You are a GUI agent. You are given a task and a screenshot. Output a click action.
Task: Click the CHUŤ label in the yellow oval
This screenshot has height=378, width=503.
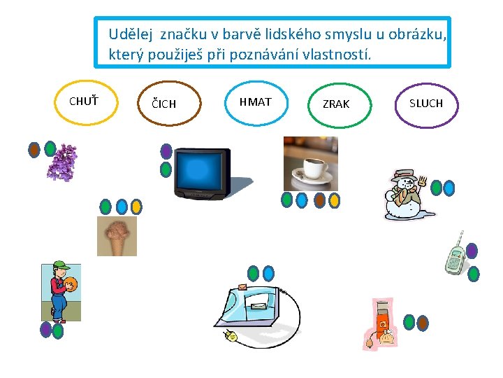83,101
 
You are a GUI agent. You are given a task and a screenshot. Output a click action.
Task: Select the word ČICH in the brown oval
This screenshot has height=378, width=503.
164,104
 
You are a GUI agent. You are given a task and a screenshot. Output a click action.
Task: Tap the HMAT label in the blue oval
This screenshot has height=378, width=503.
255,102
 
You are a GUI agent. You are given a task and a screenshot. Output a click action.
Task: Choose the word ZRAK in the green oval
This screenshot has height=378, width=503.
336,104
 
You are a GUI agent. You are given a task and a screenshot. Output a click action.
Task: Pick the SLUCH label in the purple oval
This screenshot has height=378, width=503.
426,104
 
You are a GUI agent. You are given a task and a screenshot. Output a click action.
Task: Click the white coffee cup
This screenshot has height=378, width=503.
310,170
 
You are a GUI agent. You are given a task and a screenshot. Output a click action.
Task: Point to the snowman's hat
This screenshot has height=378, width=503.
404,174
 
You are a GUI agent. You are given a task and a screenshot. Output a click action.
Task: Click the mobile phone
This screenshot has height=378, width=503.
455,255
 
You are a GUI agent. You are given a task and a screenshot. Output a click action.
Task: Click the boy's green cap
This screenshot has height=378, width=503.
61,266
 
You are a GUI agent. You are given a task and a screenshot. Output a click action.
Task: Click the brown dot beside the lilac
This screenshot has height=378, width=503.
34,149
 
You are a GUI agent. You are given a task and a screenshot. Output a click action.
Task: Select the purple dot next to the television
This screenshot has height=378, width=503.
166,150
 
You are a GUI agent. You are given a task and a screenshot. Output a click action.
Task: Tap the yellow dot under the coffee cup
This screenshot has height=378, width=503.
334,201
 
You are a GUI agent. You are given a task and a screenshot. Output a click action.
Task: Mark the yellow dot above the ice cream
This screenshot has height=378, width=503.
136,206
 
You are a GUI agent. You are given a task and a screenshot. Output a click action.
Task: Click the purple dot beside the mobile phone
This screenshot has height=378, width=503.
472,251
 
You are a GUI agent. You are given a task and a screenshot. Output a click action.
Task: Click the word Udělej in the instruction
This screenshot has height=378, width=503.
131,34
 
